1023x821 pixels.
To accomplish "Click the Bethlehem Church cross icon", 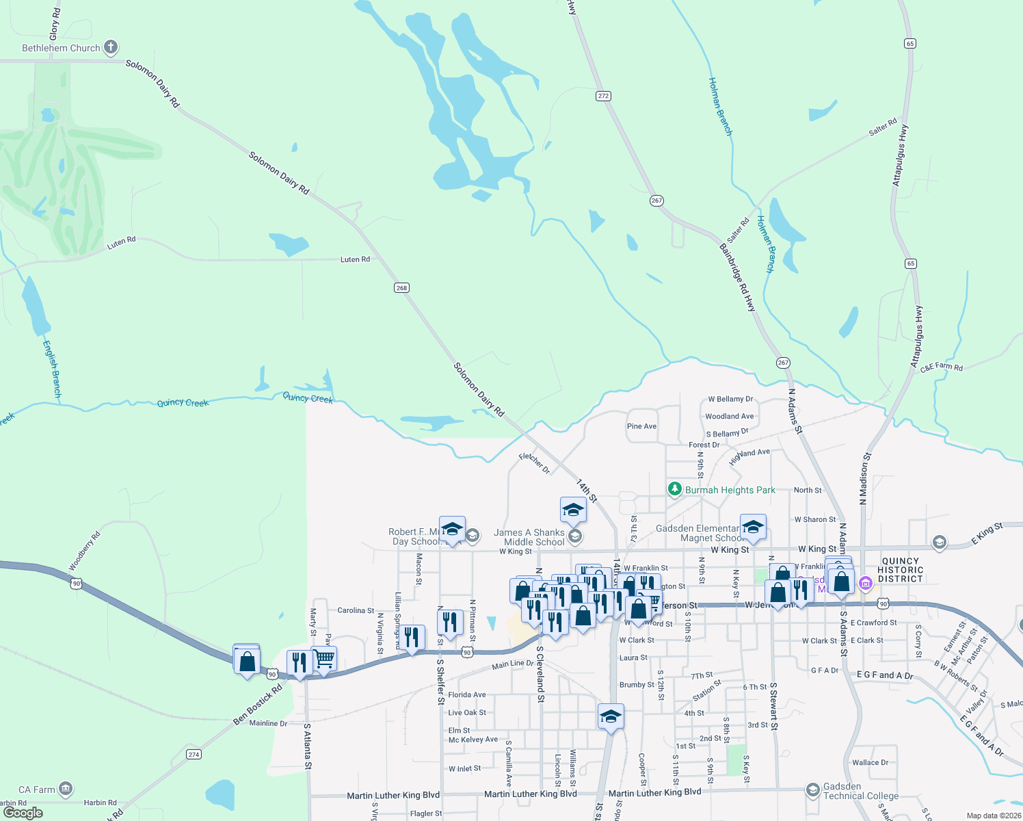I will click(x=111, y=48).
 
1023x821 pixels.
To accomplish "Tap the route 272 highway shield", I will click(x=603, y=96).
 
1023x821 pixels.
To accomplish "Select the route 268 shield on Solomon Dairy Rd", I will click(x=401, y=287).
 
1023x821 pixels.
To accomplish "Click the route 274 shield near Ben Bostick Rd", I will click(x=194, y=755).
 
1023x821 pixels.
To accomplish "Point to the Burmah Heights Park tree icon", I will click(x=675, y=489).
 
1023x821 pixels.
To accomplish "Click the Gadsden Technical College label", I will click(x=860, y=791).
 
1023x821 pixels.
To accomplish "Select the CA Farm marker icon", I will click(x=66, y=789).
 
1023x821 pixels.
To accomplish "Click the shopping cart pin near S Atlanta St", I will click(x=324, y=659).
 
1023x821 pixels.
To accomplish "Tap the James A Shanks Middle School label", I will click(x=529, y=537).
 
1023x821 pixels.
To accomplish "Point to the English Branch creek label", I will click(x=53, y=369).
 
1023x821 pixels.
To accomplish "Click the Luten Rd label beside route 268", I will click(x=355, y=260).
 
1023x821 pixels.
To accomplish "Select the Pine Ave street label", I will click(x=641, y=426).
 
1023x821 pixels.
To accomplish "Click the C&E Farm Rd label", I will click(x=941, y=367).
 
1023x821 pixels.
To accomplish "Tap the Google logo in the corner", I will click(x=23, y=813).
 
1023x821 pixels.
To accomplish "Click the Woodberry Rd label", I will click(x=84, y=551).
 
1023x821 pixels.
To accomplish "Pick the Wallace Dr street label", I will click(x=870, y=763).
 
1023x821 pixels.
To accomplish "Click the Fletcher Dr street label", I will click(x=534, y=463).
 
